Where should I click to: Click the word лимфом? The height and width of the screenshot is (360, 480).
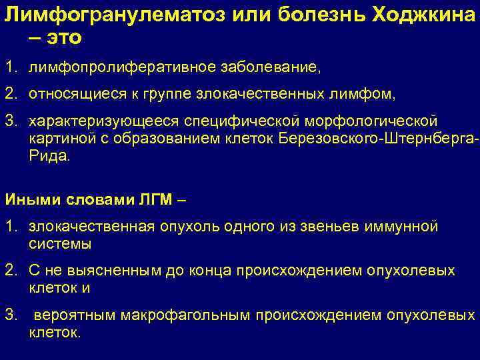[x=371, y=95]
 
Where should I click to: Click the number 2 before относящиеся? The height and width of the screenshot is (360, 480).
[x=9, y=95]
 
